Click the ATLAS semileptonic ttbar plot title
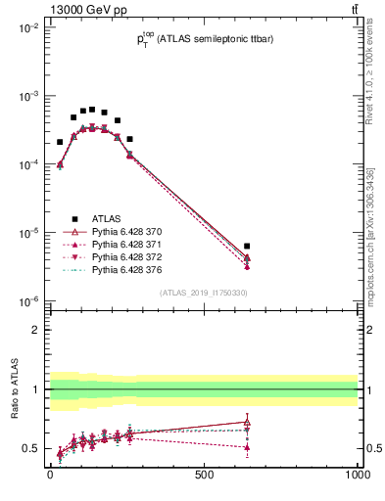(204, 39)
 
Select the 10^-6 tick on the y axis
(27, 301)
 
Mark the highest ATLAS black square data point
(92, 110)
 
